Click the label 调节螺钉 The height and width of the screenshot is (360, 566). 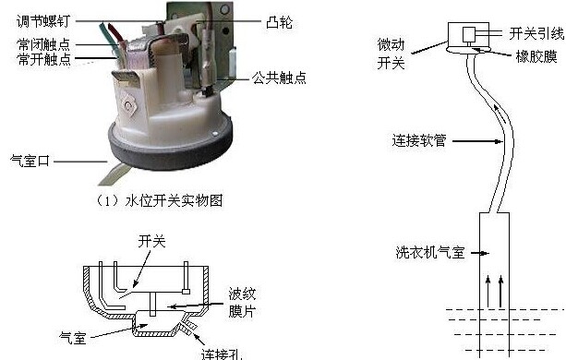coord(43,21)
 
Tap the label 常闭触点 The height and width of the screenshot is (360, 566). coord(43,44)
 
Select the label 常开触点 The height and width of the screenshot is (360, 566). coord(43,59)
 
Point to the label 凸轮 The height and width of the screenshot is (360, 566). coord(279,22)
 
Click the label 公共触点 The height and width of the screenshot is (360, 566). coord(279,78)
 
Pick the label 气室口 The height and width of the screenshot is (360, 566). coord(30,161)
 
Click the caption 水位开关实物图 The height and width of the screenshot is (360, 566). coord(174,200)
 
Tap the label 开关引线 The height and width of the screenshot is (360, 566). coord(536,33)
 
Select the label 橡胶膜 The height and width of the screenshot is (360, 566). coord(536,56)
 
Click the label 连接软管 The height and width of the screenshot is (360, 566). coord(419,140)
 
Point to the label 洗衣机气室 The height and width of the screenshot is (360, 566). coord(430,252)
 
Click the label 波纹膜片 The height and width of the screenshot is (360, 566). coord(242,302)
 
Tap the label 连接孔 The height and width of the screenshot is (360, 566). coord(222,354)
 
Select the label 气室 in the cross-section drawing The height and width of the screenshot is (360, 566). coord(73,338)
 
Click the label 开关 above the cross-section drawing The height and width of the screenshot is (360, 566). coord(151,241)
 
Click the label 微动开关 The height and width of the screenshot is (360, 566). coord(391,54)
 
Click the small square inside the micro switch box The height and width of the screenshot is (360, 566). coord(469,35)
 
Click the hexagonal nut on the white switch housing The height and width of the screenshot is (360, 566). coord(127,104)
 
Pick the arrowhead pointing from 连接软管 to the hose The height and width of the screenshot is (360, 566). coord(499,141)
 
